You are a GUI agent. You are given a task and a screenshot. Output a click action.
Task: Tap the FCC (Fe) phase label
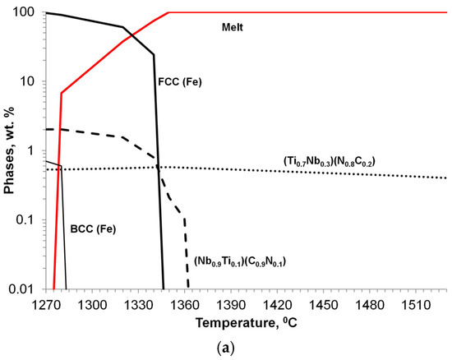click(x=179, y=81)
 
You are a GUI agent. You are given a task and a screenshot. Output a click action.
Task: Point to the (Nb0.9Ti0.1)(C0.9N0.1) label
click(x=244, y=261)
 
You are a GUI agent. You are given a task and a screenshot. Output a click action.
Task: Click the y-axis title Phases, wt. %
click(x=10, y=148)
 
